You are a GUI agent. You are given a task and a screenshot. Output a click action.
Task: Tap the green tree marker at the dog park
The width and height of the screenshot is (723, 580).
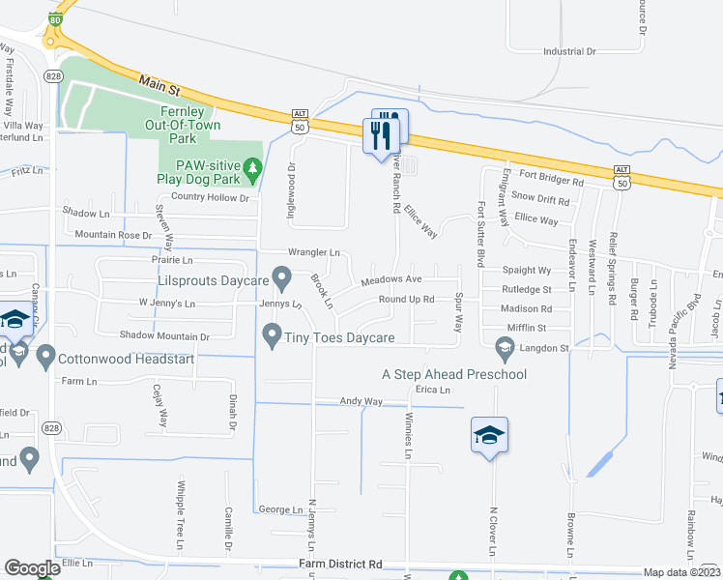tap(253, 168)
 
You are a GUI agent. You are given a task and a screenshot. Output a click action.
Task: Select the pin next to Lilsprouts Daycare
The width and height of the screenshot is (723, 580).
tap(282, 280)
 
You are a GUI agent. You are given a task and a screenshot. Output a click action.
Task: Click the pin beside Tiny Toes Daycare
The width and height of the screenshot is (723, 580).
tap(272, 335)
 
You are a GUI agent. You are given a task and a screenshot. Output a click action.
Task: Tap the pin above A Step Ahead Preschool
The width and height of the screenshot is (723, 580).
tap(503, 346)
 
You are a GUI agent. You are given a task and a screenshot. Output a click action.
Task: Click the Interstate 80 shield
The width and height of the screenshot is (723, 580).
tap(56, 19)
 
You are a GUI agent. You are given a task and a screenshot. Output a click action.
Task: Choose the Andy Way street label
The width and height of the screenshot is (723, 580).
tap(361, 401)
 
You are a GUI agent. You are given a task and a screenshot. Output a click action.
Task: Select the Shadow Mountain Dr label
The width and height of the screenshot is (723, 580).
tap(164, 335)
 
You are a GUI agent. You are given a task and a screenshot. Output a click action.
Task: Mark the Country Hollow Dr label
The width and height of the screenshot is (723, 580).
tap(210, 197)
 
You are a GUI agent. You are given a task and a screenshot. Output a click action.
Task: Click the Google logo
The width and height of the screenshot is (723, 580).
tap(32, 567)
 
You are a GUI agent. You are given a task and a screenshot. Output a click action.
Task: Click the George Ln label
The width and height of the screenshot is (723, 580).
tap(280, 508)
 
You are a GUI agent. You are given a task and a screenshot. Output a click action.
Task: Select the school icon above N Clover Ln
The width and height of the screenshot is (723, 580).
tap(489, 436)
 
